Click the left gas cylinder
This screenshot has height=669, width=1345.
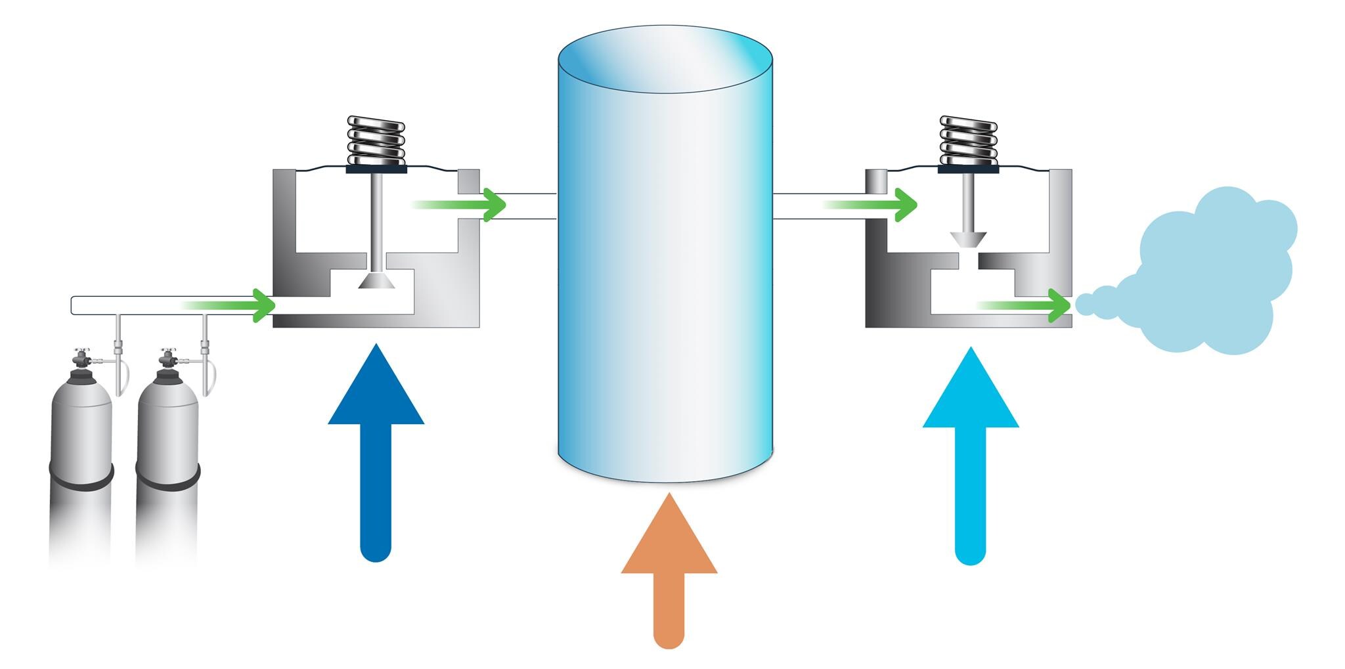[x=81, y=446]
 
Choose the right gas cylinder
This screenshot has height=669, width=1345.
[x=167, y=446]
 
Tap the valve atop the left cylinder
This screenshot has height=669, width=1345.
[x=82, y=359]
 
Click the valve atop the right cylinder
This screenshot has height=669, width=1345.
[x=167, y=359]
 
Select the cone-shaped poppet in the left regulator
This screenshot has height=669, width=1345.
[x=376, y=281]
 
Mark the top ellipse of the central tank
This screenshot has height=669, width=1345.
[x=665, y=59]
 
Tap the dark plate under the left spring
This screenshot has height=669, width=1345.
[x=376, y=169]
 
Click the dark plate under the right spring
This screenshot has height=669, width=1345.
[x=968, y=169]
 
